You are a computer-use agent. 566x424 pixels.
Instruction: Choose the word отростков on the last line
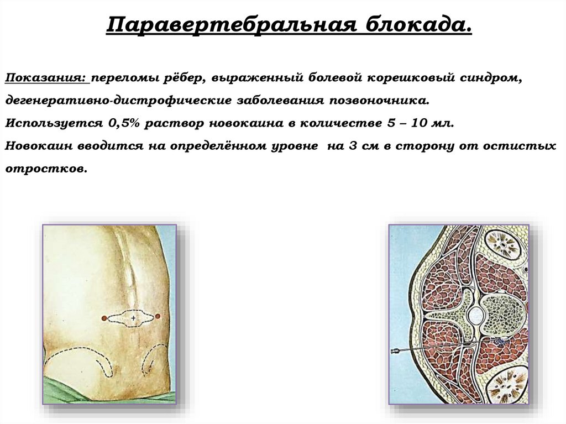pos(46,169)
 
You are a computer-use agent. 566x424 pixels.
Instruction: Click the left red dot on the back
pos(103,318)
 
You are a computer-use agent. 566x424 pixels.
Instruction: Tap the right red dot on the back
pos(158,316)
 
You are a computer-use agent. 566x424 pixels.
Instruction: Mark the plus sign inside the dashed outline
pos(133,318)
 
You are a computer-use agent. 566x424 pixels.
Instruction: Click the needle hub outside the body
pos(396,351)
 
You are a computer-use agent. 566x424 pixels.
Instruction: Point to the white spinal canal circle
pos(475,316)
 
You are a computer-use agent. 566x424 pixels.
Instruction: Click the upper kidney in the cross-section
pos(504,244)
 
